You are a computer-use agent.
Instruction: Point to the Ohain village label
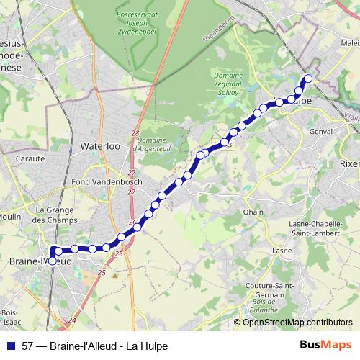(x=253, y=212)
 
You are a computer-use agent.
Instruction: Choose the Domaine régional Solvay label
(x=229, y=81)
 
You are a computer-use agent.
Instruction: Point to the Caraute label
(x=30, y=158)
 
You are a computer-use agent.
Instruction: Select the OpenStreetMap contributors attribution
(x=297, y=323)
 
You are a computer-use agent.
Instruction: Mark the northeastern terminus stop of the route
(x=309, y=78)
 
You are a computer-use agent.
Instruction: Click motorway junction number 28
(x=135, y=134)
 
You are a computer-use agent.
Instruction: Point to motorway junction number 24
(x=72, y=320)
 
